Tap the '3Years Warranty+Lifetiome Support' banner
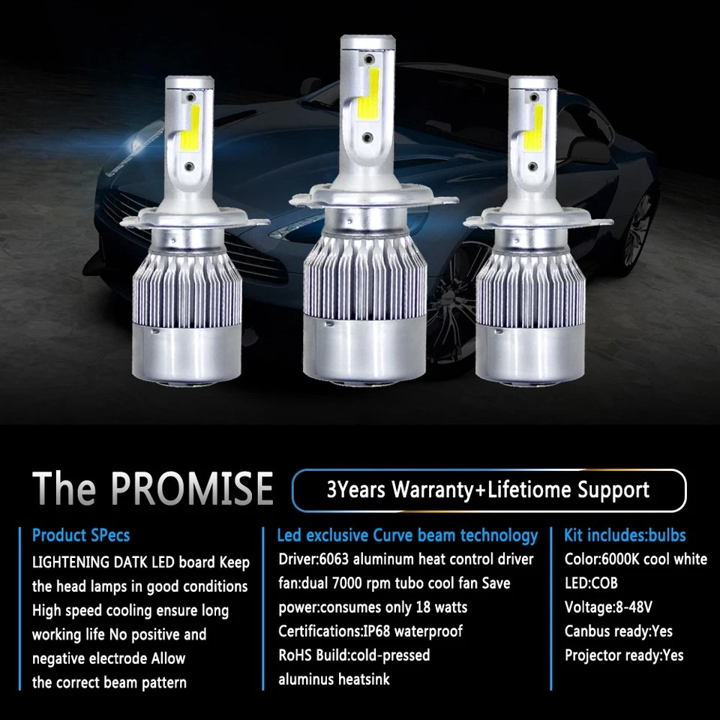[x=488, y=490]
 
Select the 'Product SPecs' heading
[x=81, y=535]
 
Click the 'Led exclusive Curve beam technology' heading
[x=407, y=535]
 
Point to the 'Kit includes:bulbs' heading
[x=625, y=535]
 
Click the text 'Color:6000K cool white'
[x=635, y=559]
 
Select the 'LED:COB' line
[x=591, y=583]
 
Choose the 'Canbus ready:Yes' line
[x=618, y=631]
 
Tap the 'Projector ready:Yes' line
[x=624, y=655]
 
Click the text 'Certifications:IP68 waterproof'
[x=370, y=631]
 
